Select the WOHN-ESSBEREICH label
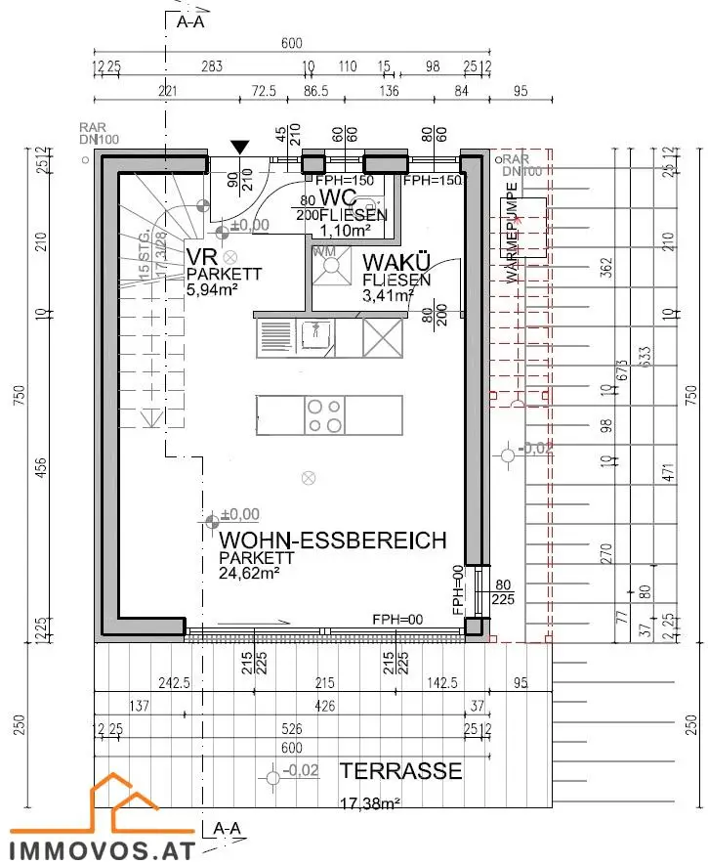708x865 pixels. pos(333,541)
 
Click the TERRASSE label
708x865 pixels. pos(400,771)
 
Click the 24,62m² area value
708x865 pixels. pos(250,574)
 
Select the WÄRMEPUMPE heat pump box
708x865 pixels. pos(522,227)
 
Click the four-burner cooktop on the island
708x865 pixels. pos(324,414)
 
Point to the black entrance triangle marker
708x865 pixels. pos(239,147)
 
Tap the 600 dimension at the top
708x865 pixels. pos(291,43)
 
